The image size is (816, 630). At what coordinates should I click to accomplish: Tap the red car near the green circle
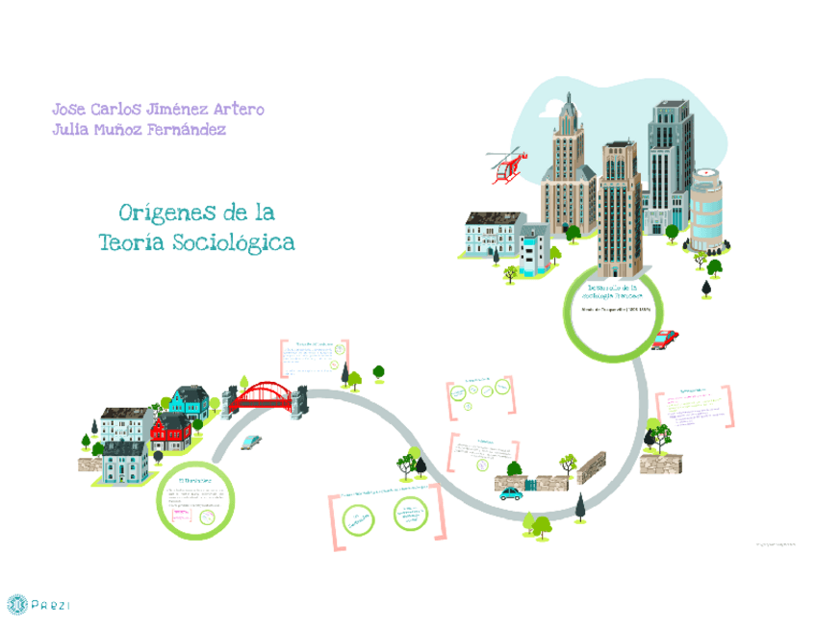664,339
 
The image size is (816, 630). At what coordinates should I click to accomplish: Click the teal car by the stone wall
510,493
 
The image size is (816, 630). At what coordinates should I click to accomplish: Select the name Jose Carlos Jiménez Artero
158,109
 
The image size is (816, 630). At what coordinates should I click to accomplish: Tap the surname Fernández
188,130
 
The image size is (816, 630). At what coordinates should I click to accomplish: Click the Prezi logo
38,605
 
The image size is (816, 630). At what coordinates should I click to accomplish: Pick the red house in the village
171,432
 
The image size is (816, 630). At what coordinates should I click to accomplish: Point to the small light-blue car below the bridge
250,441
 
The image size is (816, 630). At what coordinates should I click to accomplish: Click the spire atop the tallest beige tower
569,106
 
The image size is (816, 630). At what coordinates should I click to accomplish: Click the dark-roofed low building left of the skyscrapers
494,234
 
